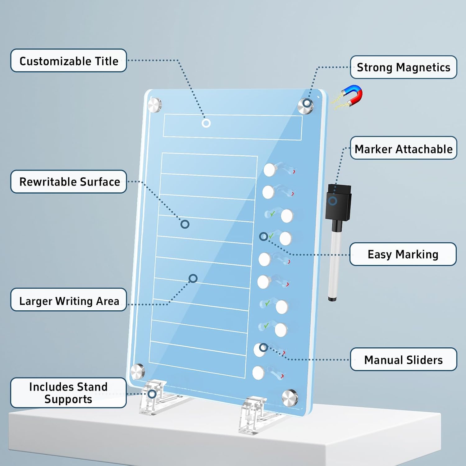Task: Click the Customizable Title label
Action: (69, 61)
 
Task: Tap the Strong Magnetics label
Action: (404, 67)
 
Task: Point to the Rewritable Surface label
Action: (69, 181)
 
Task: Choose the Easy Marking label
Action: (403, 254)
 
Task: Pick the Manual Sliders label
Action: (404, 359)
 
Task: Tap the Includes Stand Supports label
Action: (68, 393)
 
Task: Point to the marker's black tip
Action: (332, 299)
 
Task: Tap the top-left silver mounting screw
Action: (154, 105)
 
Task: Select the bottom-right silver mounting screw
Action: (290, 398)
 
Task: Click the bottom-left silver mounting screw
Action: (137, 372)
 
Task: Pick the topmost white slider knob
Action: (270, 170)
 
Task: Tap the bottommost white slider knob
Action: (258, 373)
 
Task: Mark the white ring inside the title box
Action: (206, 123)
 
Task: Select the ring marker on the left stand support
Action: (152, 394)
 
